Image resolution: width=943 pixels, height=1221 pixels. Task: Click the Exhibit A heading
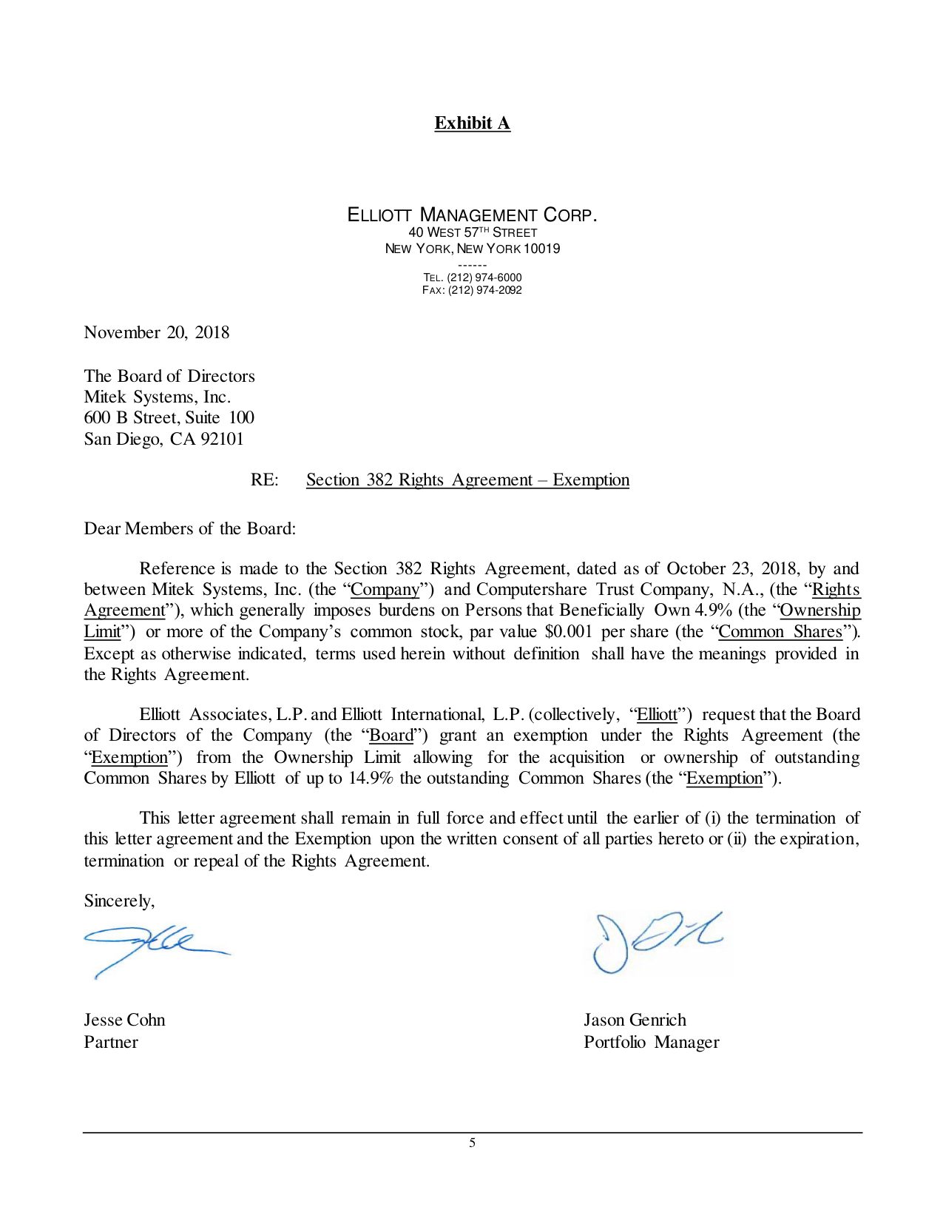[x=472, y=123]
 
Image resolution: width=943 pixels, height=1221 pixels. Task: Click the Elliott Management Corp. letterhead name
[x=472, y=215]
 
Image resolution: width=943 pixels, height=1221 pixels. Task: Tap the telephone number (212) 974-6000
[x=484, y=277]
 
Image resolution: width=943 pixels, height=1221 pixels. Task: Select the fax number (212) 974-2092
[x=484, y=290]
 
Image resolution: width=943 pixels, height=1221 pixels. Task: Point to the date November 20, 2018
[x=157, y=332]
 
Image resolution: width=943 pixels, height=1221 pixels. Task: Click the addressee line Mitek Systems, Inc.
[x=157, y=397]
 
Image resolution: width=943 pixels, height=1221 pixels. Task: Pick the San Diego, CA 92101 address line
[x=163, y=439]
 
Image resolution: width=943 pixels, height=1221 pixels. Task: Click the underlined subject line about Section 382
[x=467, y=480]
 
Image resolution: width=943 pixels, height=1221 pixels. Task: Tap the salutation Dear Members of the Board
[x=189, y=528]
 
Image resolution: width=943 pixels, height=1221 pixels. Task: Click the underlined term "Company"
[x=385, y=590]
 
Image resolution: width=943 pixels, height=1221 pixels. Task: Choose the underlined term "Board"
[x=391, y=735]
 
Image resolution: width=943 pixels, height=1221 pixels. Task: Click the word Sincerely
[x=119, y=901]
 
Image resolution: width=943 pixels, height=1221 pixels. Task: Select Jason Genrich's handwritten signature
[x=654, y=940]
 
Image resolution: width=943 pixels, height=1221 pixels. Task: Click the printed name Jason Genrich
[x=635, y=1020]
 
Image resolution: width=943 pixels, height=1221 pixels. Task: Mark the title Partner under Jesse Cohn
[x=111, y=1042]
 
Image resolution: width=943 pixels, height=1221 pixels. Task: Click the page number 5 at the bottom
[x=472, y=1143]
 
